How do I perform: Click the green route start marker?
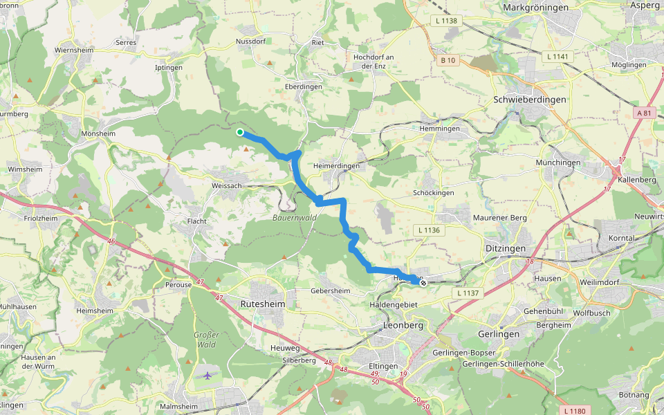239,132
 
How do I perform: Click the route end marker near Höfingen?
423,282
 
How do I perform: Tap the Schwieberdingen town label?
530,100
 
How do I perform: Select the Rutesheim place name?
262,304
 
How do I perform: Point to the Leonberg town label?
403,324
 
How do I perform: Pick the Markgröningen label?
535,7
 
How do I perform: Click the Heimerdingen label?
336,167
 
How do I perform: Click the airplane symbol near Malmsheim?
208,376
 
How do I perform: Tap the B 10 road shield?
448,60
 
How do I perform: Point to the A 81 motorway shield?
644,113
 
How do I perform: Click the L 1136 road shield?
429,229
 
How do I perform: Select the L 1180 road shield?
575,411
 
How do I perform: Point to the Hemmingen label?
439,129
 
